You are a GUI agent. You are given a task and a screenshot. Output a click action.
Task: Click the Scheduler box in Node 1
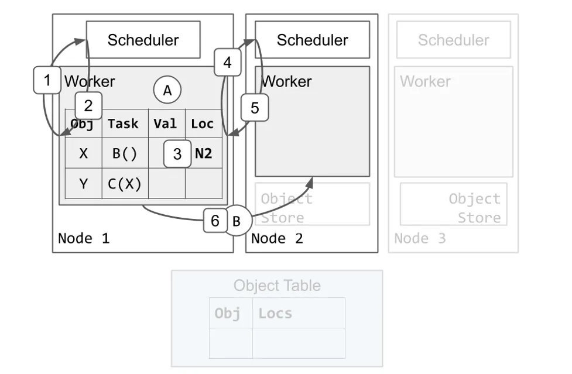pos(143,40)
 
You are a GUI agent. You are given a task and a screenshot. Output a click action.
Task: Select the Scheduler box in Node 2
pos(312,40)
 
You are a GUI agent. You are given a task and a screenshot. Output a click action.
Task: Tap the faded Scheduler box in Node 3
pos(453,40)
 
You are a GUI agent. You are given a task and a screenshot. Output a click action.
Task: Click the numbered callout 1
pos(47,80)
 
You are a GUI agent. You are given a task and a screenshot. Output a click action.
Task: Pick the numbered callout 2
pos(88,106)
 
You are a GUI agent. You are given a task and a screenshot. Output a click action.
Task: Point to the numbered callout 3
pos(177,155)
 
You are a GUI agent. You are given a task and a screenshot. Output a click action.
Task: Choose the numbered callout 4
pos(228,62)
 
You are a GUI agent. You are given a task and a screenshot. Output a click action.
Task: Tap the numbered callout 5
pos(254,108)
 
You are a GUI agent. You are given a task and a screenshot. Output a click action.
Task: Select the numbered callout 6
pos(215,221)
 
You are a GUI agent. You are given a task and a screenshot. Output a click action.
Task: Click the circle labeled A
pos(167,90)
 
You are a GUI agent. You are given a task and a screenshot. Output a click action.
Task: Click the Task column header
pos(124,123)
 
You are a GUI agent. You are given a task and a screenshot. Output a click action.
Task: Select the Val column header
pos(165,123)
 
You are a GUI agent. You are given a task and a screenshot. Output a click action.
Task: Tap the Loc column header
pos(203,123)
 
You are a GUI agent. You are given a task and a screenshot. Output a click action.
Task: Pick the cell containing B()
pos(124,154)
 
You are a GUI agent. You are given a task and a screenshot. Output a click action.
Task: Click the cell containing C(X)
pos(124,184)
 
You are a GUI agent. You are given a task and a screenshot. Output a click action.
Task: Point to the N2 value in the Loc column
pos(204,154)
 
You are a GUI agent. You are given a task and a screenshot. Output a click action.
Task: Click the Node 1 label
pos(84,238)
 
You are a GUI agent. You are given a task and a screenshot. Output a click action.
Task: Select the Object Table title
pos(277,286)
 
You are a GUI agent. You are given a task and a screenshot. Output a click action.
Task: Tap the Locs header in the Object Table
pos(275,313)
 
